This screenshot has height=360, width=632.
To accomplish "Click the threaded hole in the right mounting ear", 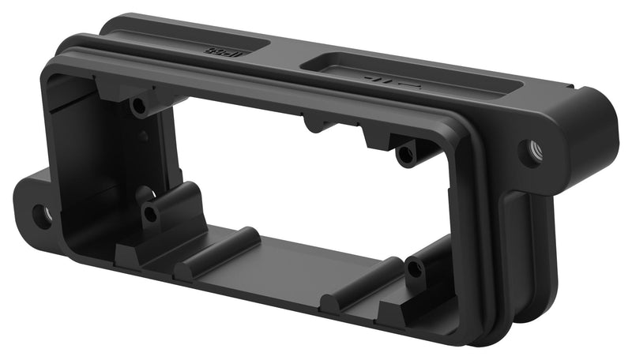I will pos(534,148).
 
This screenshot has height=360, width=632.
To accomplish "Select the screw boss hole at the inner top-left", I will pos(139,104).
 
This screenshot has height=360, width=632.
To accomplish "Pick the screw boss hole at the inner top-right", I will pos(406,153).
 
